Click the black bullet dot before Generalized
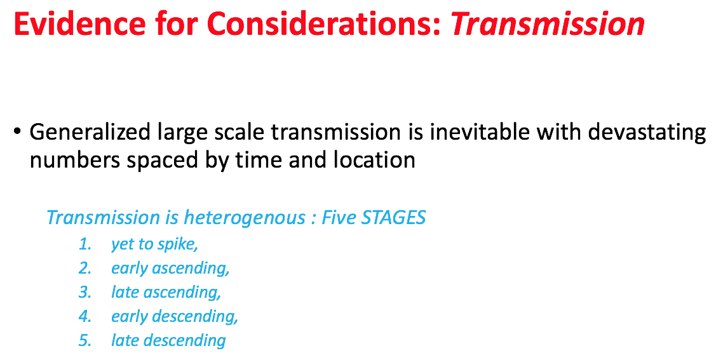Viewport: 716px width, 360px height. tap(17, 132)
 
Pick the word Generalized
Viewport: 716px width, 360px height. tap(90, 133)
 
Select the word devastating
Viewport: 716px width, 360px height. tap(647, 133)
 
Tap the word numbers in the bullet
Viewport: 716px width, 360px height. tap(75, 161)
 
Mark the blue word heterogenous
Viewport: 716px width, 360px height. tap(244, 218)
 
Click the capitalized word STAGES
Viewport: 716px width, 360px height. tap(393, 218)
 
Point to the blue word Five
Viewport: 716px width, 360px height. tap(339, 218)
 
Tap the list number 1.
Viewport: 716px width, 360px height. tap(85, 244)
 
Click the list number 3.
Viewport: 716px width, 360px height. tap(85, 293)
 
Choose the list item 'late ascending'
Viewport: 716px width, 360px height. tap(166, 293)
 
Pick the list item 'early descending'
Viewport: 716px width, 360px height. tap(175, 317)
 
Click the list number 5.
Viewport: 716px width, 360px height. tap(85, 341)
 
